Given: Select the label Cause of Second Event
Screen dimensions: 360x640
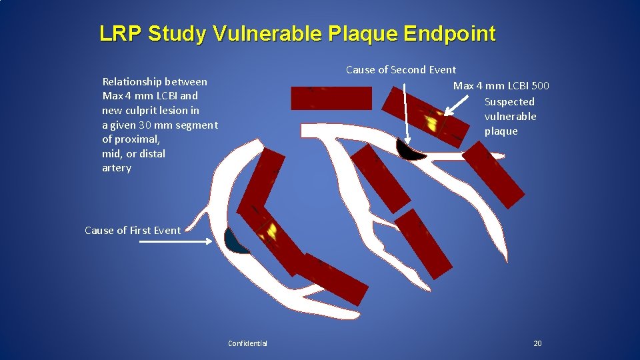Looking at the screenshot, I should click(401, 70).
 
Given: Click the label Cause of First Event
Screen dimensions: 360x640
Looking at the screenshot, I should click(133, 231).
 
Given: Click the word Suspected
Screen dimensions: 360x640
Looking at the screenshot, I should click(509, 102).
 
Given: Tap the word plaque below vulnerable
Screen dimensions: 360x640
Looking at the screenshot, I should click(501, 131).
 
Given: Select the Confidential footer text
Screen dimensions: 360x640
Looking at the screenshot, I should click(247, 343).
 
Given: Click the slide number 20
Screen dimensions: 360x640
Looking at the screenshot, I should click(537, 343).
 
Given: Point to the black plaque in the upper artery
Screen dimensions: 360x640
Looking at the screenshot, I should click(409, 151).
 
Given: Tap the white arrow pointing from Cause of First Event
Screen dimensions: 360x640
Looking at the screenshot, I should click(177, 243).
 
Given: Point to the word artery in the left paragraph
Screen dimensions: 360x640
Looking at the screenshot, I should click(117, 168).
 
